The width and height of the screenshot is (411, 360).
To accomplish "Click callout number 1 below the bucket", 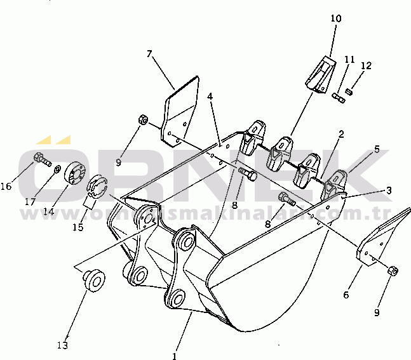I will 175,356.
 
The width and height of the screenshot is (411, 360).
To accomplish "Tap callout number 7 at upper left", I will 149,54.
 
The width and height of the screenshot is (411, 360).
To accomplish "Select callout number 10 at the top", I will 336,18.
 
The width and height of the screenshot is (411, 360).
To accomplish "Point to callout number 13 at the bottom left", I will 62,345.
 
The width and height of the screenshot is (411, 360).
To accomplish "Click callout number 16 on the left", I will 6,187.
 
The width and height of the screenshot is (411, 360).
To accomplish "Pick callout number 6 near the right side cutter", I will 346,295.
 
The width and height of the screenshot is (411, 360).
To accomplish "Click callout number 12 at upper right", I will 367,65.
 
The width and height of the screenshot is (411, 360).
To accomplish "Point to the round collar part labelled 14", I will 75,175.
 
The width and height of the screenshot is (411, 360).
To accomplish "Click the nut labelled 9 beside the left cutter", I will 144,119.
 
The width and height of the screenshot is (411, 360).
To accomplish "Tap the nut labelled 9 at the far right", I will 393,271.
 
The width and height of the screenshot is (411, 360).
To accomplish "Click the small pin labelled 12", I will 349,92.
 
